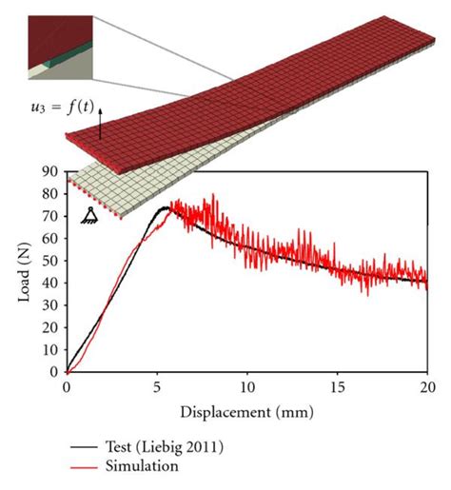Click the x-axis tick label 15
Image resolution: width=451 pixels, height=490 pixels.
pos(337,388)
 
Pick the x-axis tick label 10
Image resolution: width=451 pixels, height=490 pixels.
pos(247,388)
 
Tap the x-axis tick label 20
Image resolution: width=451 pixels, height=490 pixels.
pos(427,388)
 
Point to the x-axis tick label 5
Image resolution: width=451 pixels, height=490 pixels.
pos(157,388)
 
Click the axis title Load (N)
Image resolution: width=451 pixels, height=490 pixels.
pos(26,272)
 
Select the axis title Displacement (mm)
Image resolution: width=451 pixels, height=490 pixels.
pos(245,412)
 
